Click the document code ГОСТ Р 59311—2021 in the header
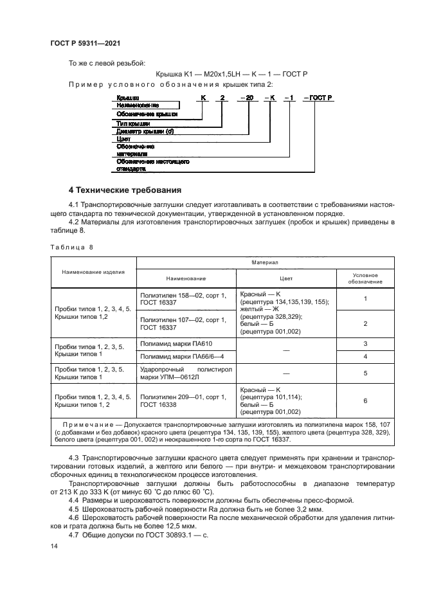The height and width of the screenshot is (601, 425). click(x=85, y=43)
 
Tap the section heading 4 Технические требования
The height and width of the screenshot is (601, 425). click(x=125, y=190)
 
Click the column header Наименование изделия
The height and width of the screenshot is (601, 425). click(x=93, y=272)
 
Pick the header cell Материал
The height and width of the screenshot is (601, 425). click(x=265, y=263)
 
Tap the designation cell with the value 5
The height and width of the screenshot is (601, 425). click(x=365, y=372)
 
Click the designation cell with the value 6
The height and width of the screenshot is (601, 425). click(x=365, y=400)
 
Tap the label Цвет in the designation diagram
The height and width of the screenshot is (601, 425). click(x=124, y=138)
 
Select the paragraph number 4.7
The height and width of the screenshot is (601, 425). click(x=75, y=534)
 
